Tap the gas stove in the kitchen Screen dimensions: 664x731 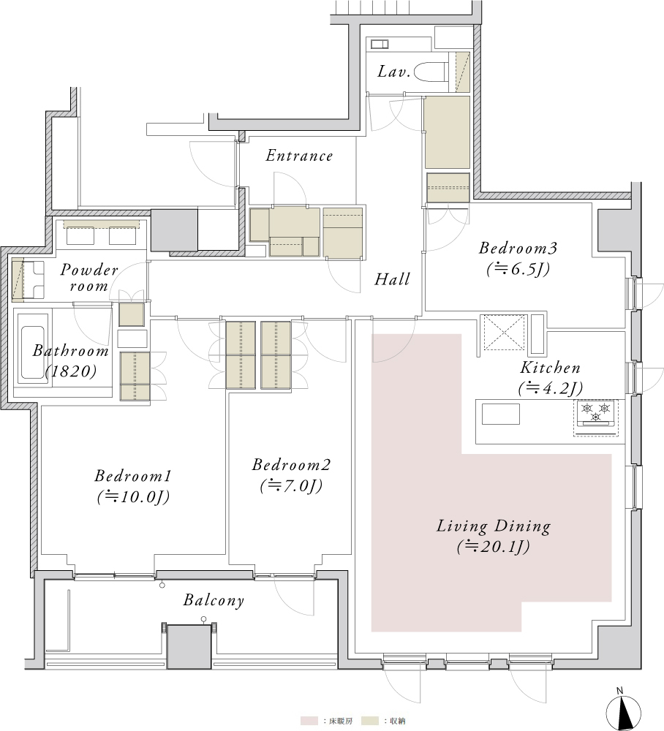[x=595, y=413]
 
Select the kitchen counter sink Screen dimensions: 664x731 [x=500, y=414]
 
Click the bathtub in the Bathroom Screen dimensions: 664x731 [x=33, y=346]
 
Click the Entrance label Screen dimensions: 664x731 [x=299, y=156]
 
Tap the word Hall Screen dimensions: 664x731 [x=392, y=279]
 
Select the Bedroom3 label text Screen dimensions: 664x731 [x=518, y=248]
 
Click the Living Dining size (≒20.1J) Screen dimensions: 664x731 [x=494, y=546]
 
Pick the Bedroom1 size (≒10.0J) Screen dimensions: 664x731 [x=133, y=497]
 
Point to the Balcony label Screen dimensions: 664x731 [x=214, y=600]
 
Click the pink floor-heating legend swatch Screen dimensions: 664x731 [x=309, y=721]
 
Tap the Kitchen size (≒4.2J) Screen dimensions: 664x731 [x=550, y=388]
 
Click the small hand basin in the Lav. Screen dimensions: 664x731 [x=380, y=45]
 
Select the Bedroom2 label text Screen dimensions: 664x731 [x=291, y=464]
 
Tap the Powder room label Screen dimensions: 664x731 [x=89, y=277]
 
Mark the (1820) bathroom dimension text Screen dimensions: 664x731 [x=71, y=371]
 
